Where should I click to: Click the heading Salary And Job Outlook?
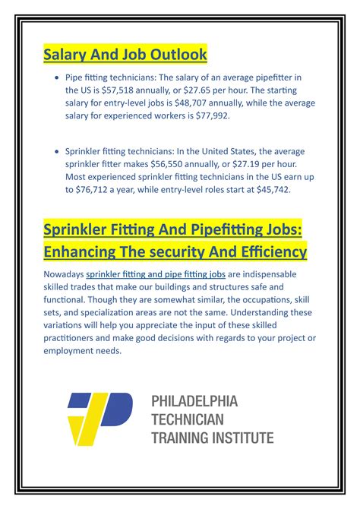pos(125,55)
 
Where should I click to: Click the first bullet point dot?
pos(57,77)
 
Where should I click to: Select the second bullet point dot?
pos(57,152)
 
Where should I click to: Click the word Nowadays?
pos(63,274)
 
